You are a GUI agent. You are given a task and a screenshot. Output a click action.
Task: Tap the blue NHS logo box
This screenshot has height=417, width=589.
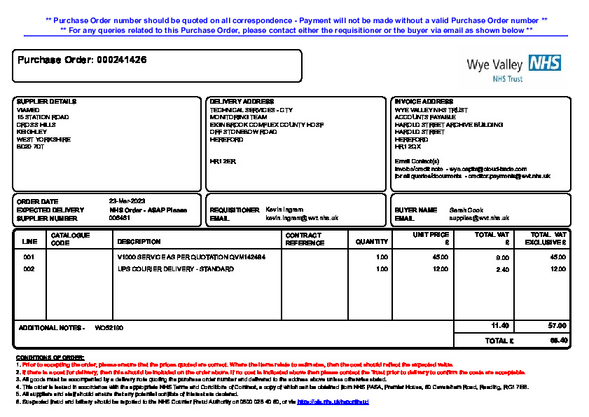pos(545,63)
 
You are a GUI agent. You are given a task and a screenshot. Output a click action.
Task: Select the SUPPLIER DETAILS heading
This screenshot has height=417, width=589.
pos(46,102)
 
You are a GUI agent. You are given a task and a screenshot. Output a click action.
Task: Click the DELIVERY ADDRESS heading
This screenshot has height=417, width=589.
pos(242,102)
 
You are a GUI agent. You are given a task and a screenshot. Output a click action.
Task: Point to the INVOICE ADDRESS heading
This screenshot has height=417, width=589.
pos(424,102)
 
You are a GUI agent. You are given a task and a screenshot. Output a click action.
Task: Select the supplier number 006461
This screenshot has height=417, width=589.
pos(120,218)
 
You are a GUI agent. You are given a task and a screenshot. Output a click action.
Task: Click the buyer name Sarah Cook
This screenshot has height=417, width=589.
pos(466,210)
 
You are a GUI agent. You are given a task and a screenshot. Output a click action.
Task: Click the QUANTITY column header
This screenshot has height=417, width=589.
pos(372,242)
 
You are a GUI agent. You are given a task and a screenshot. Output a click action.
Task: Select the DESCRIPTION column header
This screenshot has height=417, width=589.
pos(139,242)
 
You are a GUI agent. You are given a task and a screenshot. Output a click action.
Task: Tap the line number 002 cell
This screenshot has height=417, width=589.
pos(29,269)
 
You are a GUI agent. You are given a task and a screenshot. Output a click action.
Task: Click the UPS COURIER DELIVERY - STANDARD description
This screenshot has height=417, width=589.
pos(176,269)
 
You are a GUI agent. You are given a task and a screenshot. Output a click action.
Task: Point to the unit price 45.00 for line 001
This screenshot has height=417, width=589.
pos(441,257)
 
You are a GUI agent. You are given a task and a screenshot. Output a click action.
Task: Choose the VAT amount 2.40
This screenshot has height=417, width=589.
pos(502,270)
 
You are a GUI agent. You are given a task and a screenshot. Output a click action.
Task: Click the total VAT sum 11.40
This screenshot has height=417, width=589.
pos(500,326)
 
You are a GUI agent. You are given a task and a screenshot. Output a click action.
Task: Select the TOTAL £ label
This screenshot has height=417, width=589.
pos(499,341)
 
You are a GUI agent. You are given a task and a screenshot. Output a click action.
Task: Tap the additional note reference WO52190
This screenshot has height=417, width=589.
pos(109,328)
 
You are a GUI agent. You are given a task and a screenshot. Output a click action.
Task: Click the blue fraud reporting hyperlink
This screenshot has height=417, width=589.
pos(333,402)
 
